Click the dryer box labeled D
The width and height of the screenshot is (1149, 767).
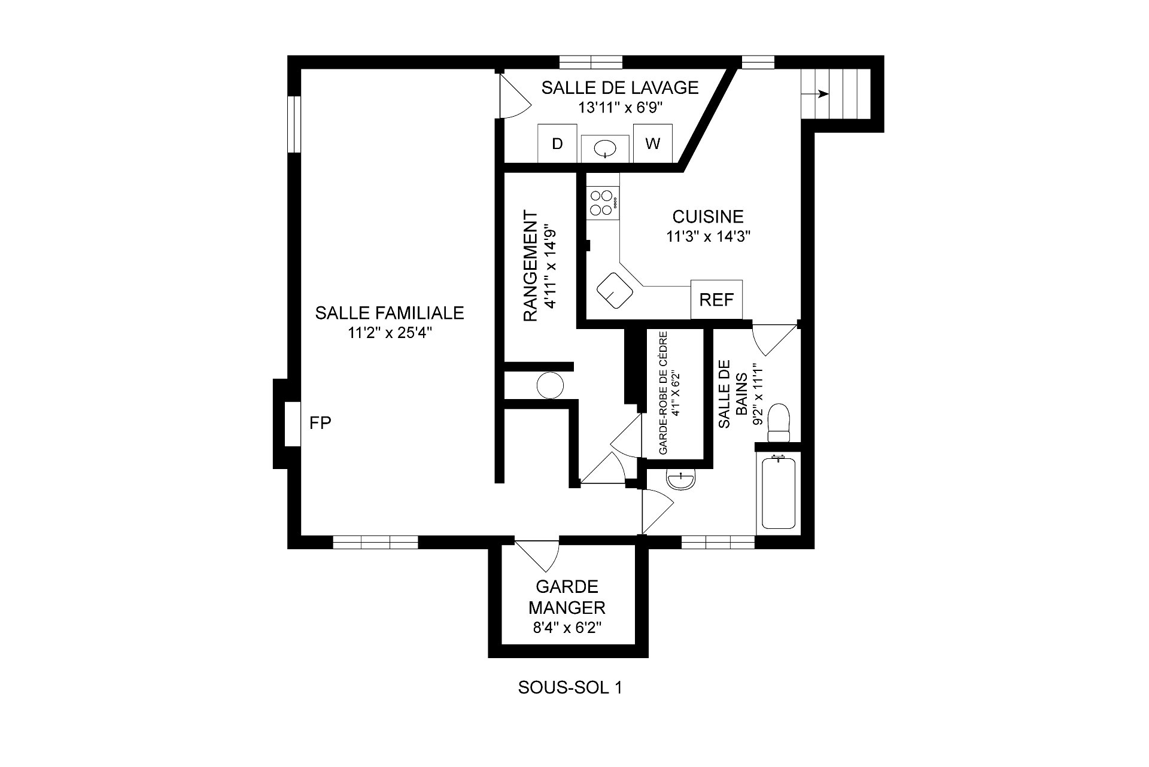[x=557, y=144]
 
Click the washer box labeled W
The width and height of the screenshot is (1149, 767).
[x=652, y=144]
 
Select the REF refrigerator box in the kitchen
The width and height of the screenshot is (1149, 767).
[x=716, y=299]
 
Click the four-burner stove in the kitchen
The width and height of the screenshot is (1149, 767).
[x=603, y=202]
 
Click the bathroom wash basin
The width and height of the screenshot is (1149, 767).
[x=681, y=480]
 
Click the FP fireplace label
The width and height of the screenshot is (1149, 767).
[x=320, y=423]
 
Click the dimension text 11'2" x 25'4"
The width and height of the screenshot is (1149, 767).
[x=390, y=333]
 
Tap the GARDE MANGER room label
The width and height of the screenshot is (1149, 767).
[x=567, y=596]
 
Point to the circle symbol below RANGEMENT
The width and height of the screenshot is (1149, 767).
[x=549, y=385]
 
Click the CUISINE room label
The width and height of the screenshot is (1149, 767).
[x=708, y=216]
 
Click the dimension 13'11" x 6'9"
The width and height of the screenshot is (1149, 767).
[x=620, y=108]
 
